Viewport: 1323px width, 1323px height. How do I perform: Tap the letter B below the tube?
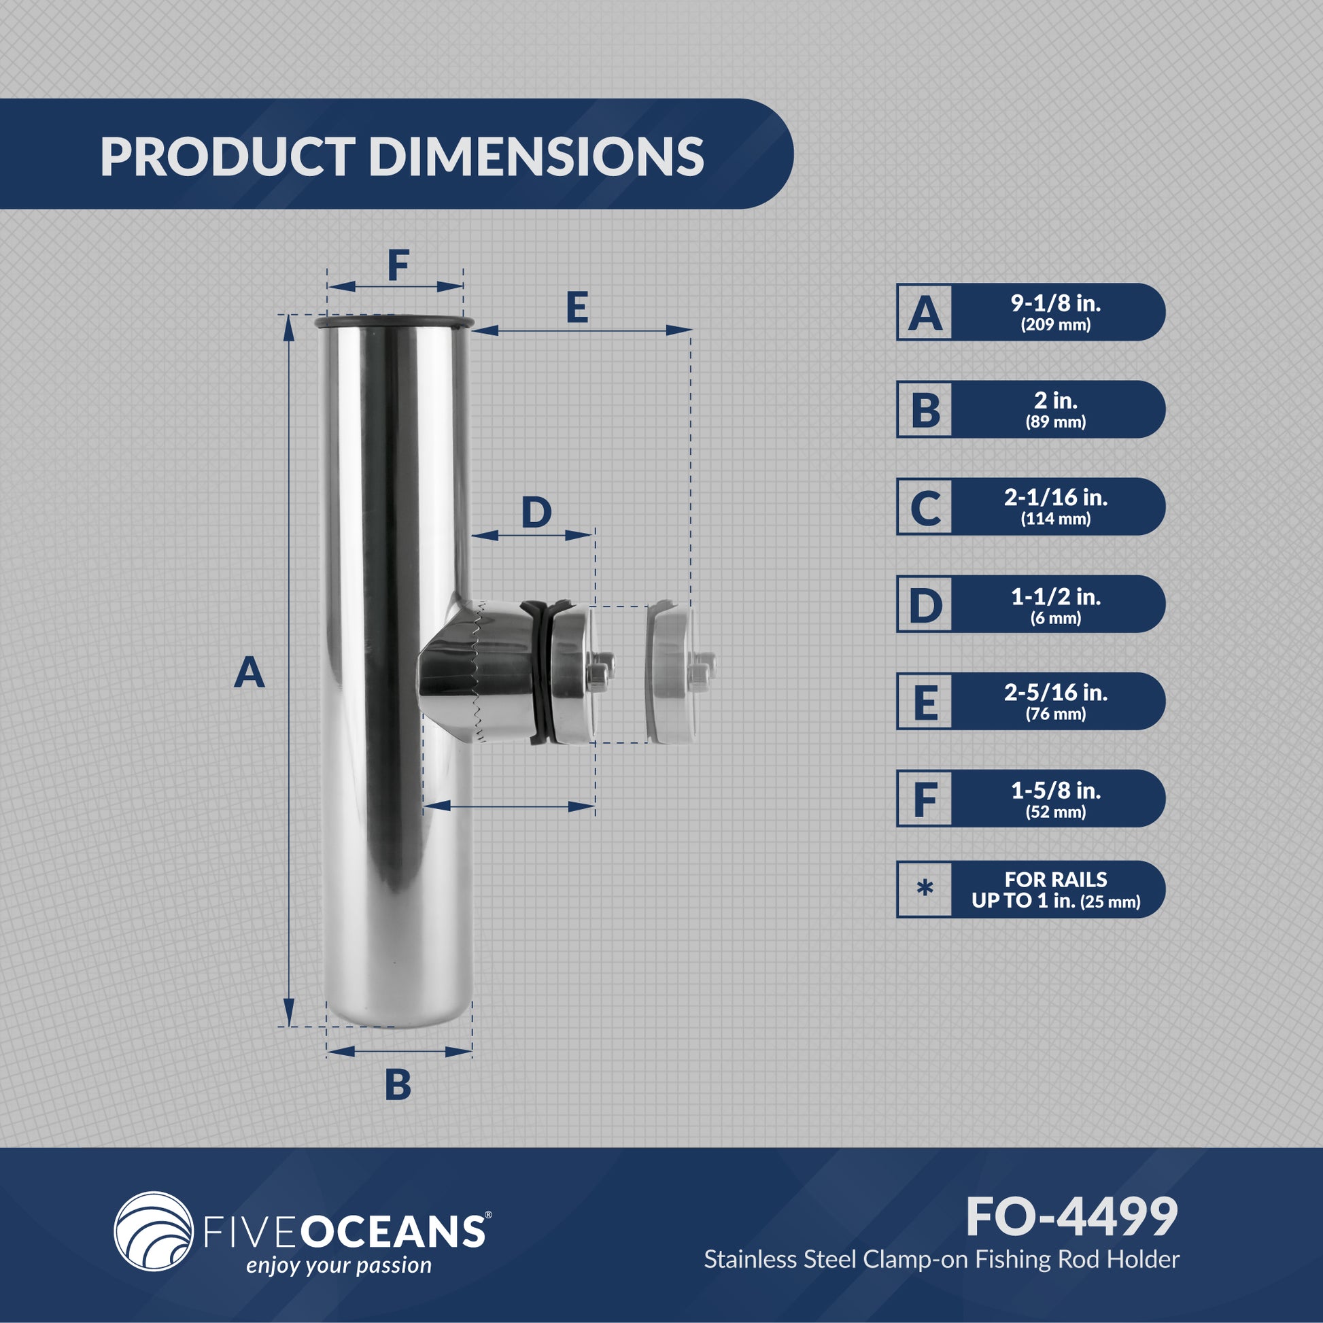398,1084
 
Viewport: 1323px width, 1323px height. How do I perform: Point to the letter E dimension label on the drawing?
577,307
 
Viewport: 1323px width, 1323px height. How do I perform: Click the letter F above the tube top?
398,266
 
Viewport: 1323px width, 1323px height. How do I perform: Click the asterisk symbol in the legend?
925,889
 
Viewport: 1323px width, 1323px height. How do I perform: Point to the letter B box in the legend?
925,409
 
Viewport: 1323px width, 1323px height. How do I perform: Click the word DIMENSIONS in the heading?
536,156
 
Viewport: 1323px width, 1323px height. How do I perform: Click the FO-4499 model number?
1071,1217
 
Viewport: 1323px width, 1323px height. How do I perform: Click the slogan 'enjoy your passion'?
339,1265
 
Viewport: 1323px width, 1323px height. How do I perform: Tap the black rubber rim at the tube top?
394,322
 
